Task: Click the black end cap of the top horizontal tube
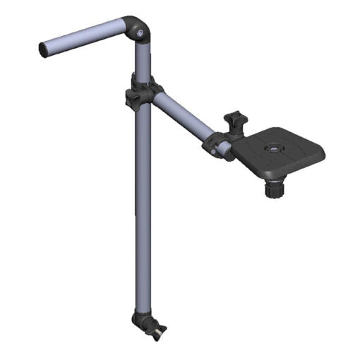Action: [x=44, y=49]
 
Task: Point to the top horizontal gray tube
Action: [x=85, y=37]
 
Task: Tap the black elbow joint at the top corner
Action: [x=137, y=29]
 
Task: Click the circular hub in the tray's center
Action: [x=272, y=150]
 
